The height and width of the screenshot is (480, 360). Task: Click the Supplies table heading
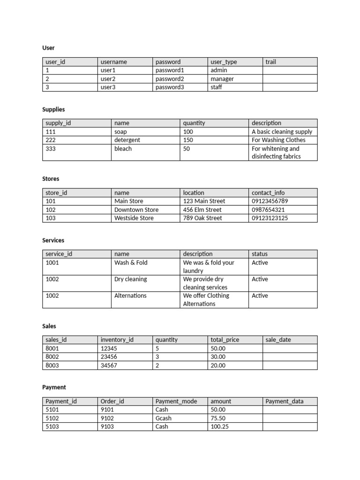53,109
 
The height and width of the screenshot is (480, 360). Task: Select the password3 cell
170,87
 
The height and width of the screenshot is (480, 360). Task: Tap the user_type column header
224,62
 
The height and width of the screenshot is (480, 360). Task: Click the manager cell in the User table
222,79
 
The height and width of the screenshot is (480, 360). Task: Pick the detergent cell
127,140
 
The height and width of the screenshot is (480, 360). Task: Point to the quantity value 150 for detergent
188,140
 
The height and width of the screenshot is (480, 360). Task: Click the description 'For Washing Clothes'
278,140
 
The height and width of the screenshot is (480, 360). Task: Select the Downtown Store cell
136,210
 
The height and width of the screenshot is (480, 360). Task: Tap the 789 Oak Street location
202,218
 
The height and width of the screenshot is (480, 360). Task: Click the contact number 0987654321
268,210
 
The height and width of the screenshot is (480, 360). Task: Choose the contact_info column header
268,193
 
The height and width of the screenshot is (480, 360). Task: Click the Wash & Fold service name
131,262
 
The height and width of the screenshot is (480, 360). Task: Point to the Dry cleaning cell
130,279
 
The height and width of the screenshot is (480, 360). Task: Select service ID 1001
52,262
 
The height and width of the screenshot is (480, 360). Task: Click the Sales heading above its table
49,326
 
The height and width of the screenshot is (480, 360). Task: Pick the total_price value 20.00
218,365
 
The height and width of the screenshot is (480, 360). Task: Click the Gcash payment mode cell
164,418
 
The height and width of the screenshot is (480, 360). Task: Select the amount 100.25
220,427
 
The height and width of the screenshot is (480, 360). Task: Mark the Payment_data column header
285,401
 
